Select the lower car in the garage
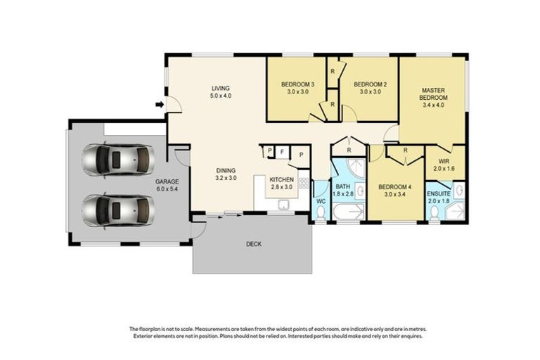[x=117, y=208]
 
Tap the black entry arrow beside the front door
[x=160, y=105]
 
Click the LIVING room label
[x=221, y=89]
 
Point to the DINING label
[x=226, y=170]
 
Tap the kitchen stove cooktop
[x=304, y=184]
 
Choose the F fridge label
[x=281, y=151]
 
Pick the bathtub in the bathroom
[x=347, y=212]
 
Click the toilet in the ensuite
[x=433, y=211]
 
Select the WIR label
[x=444, y=162]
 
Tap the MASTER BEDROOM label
[x=435, y=94]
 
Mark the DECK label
[x=254, y=245]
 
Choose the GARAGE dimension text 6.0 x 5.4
[x=167, y=189]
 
